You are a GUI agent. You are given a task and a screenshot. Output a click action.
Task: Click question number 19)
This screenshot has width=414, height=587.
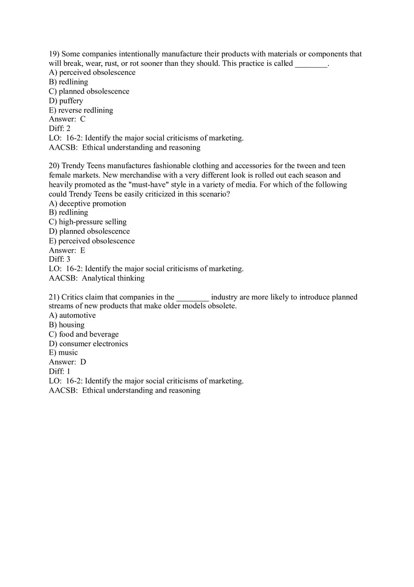(54, 54)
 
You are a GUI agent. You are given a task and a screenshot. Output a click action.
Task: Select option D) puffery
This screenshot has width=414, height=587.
(66, 101)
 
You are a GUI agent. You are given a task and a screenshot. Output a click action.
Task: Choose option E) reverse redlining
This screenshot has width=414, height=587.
(81, 110)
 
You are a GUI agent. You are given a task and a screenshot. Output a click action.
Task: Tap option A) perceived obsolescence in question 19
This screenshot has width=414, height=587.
(92, 72)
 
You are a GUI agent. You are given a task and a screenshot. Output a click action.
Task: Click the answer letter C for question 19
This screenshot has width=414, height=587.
(83, 119)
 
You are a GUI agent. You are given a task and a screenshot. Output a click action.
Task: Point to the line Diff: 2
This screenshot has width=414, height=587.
(60, 129)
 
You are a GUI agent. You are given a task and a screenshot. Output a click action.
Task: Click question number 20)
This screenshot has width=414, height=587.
(54, 166)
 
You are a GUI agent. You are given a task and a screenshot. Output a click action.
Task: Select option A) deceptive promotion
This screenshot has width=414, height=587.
(88, 203)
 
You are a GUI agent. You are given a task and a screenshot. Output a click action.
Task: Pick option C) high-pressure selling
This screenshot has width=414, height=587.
(88, 222)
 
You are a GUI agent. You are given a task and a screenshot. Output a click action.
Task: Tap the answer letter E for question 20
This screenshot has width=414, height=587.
(83, 250)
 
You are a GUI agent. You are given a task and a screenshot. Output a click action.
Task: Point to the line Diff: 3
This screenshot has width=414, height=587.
(60, 259)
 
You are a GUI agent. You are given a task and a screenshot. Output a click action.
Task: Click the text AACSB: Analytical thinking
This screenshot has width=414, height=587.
(97, 278)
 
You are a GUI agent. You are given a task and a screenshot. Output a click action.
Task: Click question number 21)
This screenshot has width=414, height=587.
(54, 297)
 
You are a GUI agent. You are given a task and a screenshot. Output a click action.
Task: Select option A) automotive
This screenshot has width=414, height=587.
(72, 315)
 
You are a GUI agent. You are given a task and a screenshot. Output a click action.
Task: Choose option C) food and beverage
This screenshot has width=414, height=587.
(84, 334)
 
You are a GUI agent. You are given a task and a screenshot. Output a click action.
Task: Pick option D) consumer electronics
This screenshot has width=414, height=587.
(88, 344)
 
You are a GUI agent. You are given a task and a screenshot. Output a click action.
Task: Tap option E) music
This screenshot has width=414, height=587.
(64, 353)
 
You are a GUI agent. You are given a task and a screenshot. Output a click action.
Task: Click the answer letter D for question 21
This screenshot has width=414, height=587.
(83, 362)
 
